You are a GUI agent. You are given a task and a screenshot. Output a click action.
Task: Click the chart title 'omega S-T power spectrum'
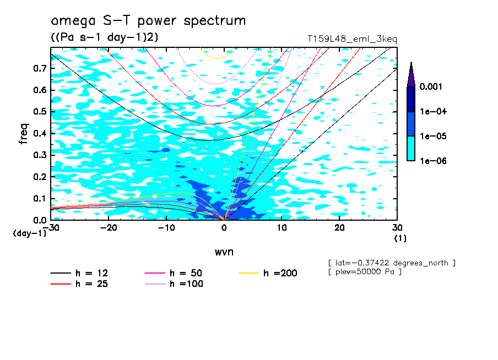tap(148, 21)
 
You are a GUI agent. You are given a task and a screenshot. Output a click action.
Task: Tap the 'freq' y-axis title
tap(23, 134)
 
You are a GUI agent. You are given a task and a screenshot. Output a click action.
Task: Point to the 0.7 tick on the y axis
tap(39, 68)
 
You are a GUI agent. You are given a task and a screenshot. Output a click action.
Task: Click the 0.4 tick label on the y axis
tap(39, 133)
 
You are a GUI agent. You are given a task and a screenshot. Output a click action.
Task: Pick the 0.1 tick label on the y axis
tap(39, 199)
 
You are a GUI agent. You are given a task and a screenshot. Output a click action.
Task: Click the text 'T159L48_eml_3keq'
tap(352, 39)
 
